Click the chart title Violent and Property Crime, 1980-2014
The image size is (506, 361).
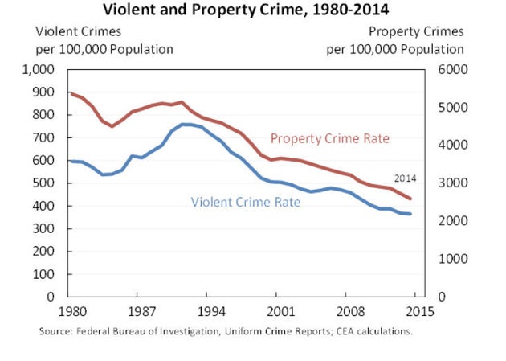[253, 10]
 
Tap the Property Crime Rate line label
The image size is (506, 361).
[329, 138]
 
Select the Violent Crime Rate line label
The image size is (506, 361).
[245, 202]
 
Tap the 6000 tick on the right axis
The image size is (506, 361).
[448, 70]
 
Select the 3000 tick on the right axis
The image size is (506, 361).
[448, 183]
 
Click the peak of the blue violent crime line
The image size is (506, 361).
[185, 124]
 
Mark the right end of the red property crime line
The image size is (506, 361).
[411, 199]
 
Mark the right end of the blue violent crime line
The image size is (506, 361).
[411, 214]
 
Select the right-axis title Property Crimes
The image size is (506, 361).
[416, 32]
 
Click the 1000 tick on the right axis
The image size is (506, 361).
[448, 259]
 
